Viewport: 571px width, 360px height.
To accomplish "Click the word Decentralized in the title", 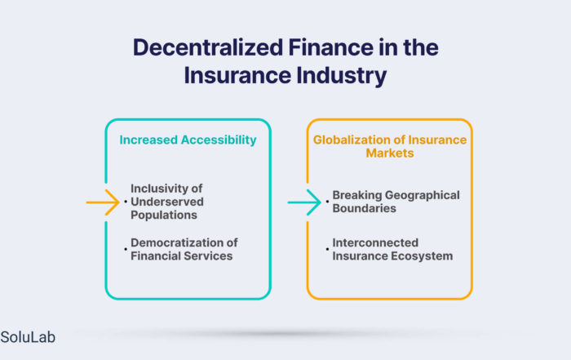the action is [208, 47].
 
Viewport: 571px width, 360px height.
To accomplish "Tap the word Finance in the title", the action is [331, 47].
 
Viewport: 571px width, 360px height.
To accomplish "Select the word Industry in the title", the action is [341, 76].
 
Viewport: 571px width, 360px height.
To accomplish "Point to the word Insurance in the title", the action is [237, 75].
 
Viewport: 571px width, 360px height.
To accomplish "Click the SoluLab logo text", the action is [28, 337].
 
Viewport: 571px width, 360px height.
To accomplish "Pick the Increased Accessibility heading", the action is [188, 140].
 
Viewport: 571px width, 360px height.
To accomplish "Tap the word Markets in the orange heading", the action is [390, 153].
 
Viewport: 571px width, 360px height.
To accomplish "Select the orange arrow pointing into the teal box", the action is [103, 202].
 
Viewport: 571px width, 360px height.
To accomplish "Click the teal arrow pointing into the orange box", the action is [304, 202].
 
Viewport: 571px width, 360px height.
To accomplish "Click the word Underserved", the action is [167, 202].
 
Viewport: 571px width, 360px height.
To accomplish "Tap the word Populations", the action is [164, 215].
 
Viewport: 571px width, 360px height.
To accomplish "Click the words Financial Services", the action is [182, 256].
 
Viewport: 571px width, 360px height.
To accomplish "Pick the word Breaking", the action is [357, 195].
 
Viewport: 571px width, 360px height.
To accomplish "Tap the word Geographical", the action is [423, 195].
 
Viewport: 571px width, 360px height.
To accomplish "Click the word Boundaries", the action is [364, 208].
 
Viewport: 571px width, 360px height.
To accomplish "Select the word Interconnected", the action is [375, 242].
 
